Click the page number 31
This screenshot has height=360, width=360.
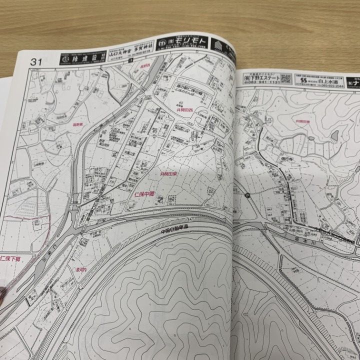(x=35, y=62)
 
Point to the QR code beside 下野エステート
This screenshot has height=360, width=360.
(x=285, y=78)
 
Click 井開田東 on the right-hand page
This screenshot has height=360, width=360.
(x=303, y=121)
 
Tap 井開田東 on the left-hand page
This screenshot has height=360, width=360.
(x=168, y=173)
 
